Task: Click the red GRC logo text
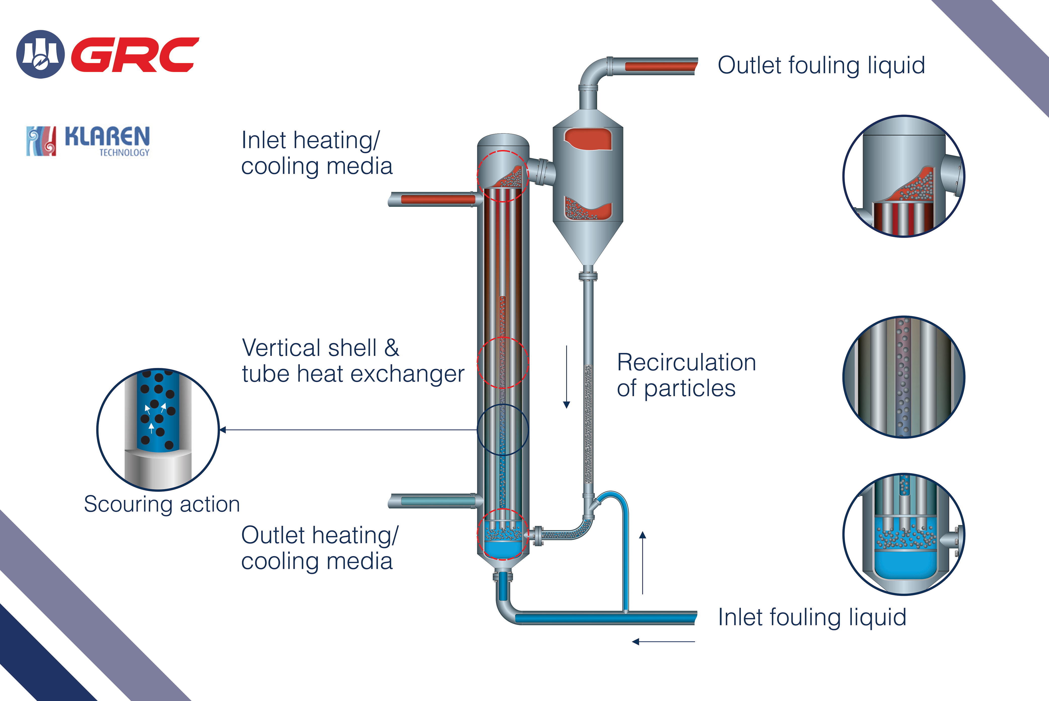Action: point(134,55)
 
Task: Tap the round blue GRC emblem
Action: point(40,54)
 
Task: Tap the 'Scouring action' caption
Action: point(162,504)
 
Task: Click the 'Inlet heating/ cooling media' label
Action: point(317,153)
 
